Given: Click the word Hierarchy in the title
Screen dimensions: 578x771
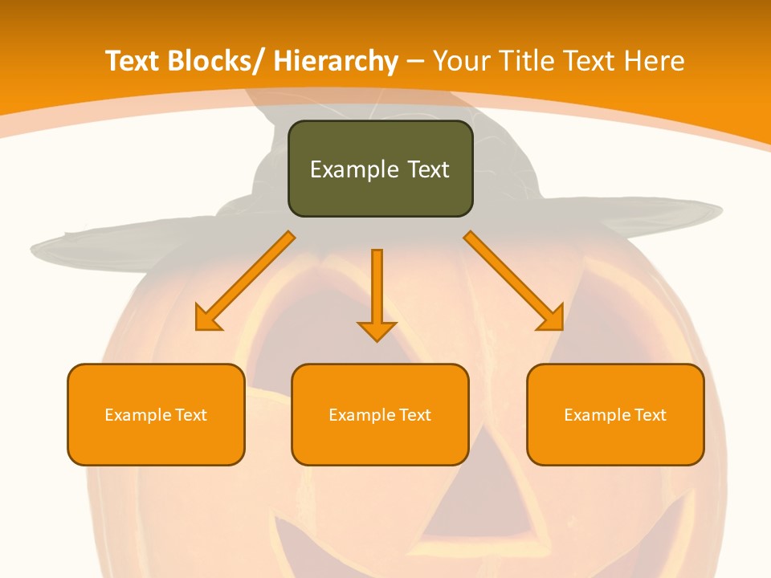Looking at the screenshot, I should pos(336,61).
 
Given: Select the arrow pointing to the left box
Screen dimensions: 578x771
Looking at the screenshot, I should pos(245,281).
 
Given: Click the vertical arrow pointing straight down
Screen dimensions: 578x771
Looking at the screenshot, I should pos(377,289).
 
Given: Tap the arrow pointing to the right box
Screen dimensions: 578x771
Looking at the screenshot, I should pos(514,281).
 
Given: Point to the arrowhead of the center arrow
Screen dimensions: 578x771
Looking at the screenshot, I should pos(377,331).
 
